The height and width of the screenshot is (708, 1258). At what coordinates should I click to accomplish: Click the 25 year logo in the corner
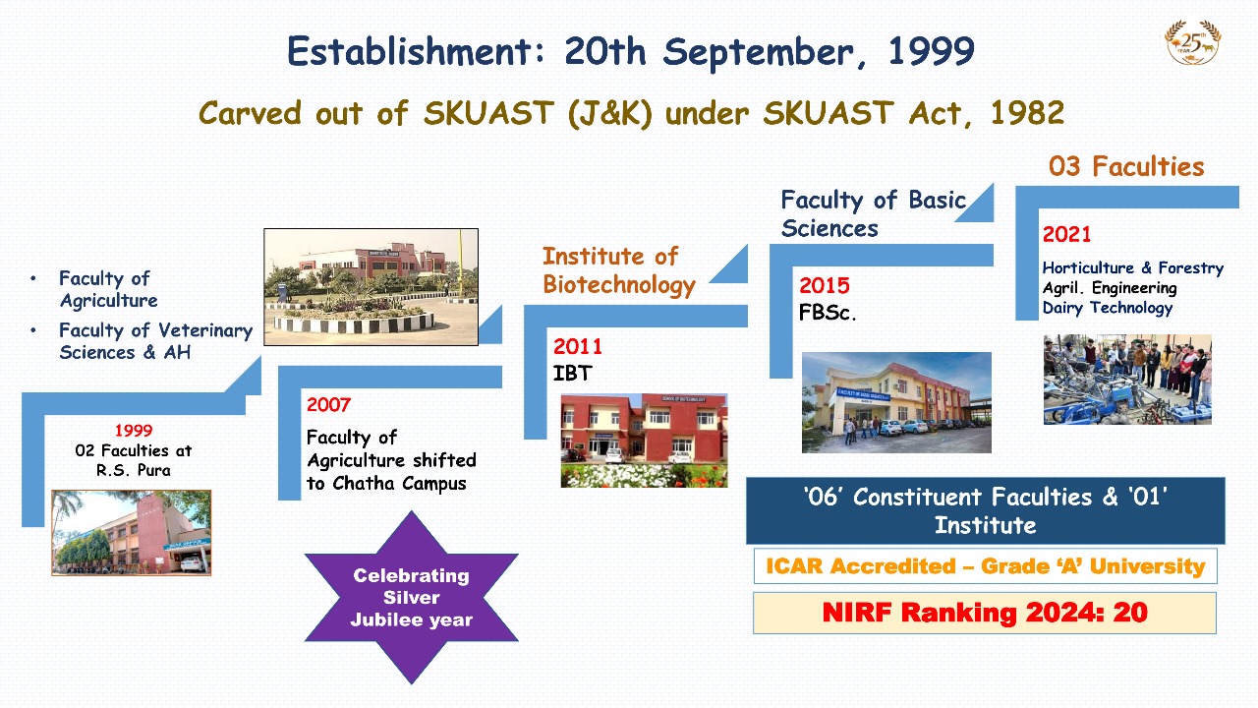click(1193, 42)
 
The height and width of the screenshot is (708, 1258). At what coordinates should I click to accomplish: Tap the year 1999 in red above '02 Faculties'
click(134, 431)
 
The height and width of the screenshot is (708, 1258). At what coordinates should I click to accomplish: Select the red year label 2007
click(328, 404)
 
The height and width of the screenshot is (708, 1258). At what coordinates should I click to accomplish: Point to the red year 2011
click(577, 346)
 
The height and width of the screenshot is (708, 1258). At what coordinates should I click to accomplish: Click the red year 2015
click(825, 285)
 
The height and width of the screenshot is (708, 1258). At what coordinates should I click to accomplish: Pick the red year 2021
click(1066, 234)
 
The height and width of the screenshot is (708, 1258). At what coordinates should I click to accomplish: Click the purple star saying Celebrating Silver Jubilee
click(412, 597)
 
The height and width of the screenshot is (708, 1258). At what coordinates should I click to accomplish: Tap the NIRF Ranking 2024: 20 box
click(985, 613)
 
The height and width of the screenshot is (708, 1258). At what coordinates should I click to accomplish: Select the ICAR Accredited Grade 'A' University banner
click(986, 565)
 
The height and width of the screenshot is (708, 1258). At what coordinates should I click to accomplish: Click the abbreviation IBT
click(572, 373)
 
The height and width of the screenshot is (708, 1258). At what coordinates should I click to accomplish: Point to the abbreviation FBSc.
click(828, 313)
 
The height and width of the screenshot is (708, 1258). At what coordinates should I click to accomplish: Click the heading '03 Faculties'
click(1126, 167)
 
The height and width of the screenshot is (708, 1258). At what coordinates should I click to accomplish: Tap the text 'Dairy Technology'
click(1108, 308)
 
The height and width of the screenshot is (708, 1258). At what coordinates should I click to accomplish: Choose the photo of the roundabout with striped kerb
click(372, 286)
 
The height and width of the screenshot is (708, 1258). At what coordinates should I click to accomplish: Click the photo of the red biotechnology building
click(644, 440)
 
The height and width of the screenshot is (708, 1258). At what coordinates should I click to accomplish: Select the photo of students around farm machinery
click(1127, 380)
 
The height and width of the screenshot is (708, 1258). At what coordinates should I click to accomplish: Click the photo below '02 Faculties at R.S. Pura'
click(132, 533)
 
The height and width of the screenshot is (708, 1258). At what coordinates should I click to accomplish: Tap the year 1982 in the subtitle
click(1027, 113)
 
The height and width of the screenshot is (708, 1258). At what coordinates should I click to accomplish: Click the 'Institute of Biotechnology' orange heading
click(619, 270)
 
